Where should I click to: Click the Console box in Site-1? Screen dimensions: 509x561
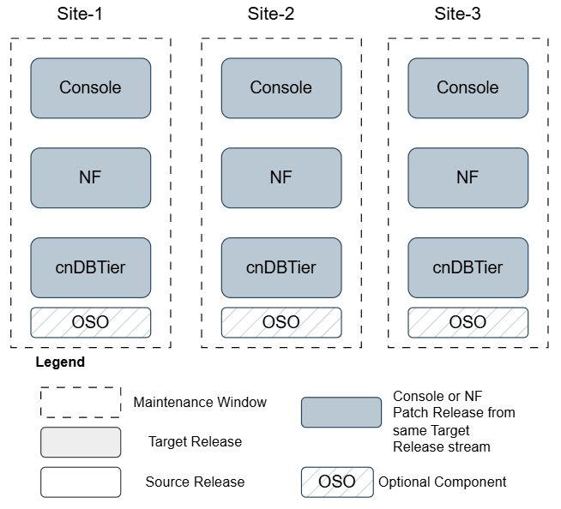90,87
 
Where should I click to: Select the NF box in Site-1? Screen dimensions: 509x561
90,177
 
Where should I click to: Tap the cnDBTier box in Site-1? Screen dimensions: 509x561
90,267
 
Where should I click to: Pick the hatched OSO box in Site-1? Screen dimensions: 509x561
90,322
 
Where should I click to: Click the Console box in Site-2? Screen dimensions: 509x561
280,87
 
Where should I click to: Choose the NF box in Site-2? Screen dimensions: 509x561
280,177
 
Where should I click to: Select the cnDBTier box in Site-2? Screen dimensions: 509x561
280,267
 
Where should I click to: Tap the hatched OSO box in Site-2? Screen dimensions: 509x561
280,322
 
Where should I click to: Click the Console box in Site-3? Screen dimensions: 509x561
467,87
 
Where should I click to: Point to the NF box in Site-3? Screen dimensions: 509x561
467,177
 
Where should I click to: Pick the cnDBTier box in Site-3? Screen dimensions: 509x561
467,267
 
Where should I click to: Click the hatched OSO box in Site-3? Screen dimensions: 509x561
467,322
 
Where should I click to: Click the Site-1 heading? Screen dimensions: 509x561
90,15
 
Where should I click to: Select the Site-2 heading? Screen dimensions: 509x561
280,15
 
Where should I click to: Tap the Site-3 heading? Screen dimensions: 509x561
467,15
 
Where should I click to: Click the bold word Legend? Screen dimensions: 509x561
60,362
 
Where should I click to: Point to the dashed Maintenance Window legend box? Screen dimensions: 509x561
81,402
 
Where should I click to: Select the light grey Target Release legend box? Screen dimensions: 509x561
81,442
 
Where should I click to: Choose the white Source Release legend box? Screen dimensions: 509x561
81,482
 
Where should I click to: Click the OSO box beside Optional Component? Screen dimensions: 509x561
336,482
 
